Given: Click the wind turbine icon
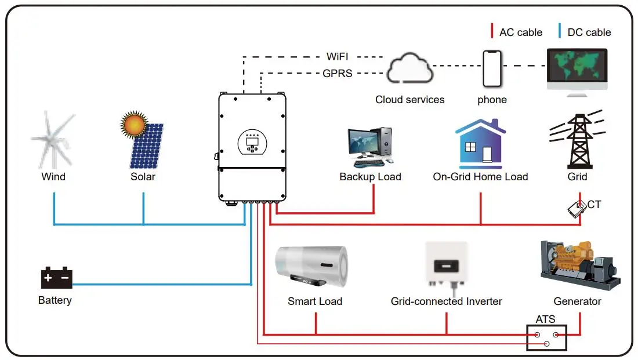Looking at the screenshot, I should (x=53, y=139).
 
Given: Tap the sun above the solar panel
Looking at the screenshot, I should (x=135, y=124).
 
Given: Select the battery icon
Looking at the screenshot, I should (x=56, y=278).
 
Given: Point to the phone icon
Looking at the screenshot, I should (x=491, y=67).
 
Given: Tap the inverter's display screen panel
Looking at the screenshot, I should (x=252, y=141).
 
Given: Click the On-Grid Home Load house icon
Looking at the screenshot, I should (x=480, y=144).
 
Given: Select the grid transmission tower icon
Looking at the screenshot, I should (x=577, y=139).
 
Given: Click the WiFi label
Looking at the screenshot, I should (x=340, y=57).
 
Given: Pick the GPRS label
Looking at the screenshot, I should (x=338, y=74).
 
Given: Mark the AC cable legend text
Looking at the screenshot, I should (x=520, y=32).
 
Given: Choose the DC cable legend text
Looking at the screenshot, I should (x=589, y=32).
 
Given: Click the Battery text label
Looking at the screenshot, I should (x=55, y=300).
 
